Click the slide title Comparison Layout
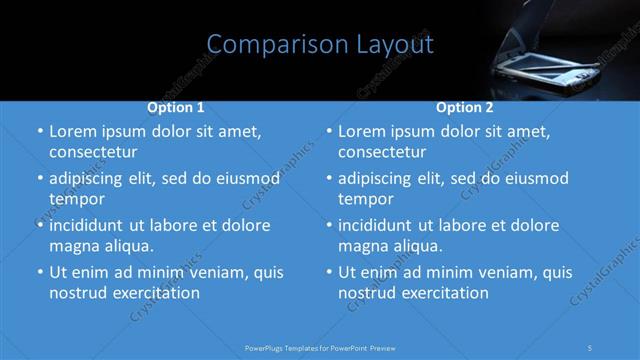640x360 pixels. (x=320, y=45)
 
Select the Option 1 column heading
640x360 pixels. (x=176, y=107)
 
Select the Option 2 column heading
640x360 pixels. (x=465, y=107)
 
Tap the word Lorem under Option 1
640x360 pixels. (x=73, y=131)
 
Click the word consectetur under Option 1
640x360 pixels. (x=93, y=152)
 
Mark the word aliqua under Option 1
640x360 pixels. (x=126, y=245)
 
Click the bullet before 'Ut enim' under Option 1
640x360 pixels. (x=38, y=272)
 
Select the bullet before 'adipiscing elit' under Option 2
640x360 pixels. (x=328, y=178)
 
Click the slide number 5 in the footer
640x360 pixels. (x=591, y=347)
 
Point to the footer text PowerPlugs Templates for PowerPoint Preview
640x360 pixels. (x=320, y=347)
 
